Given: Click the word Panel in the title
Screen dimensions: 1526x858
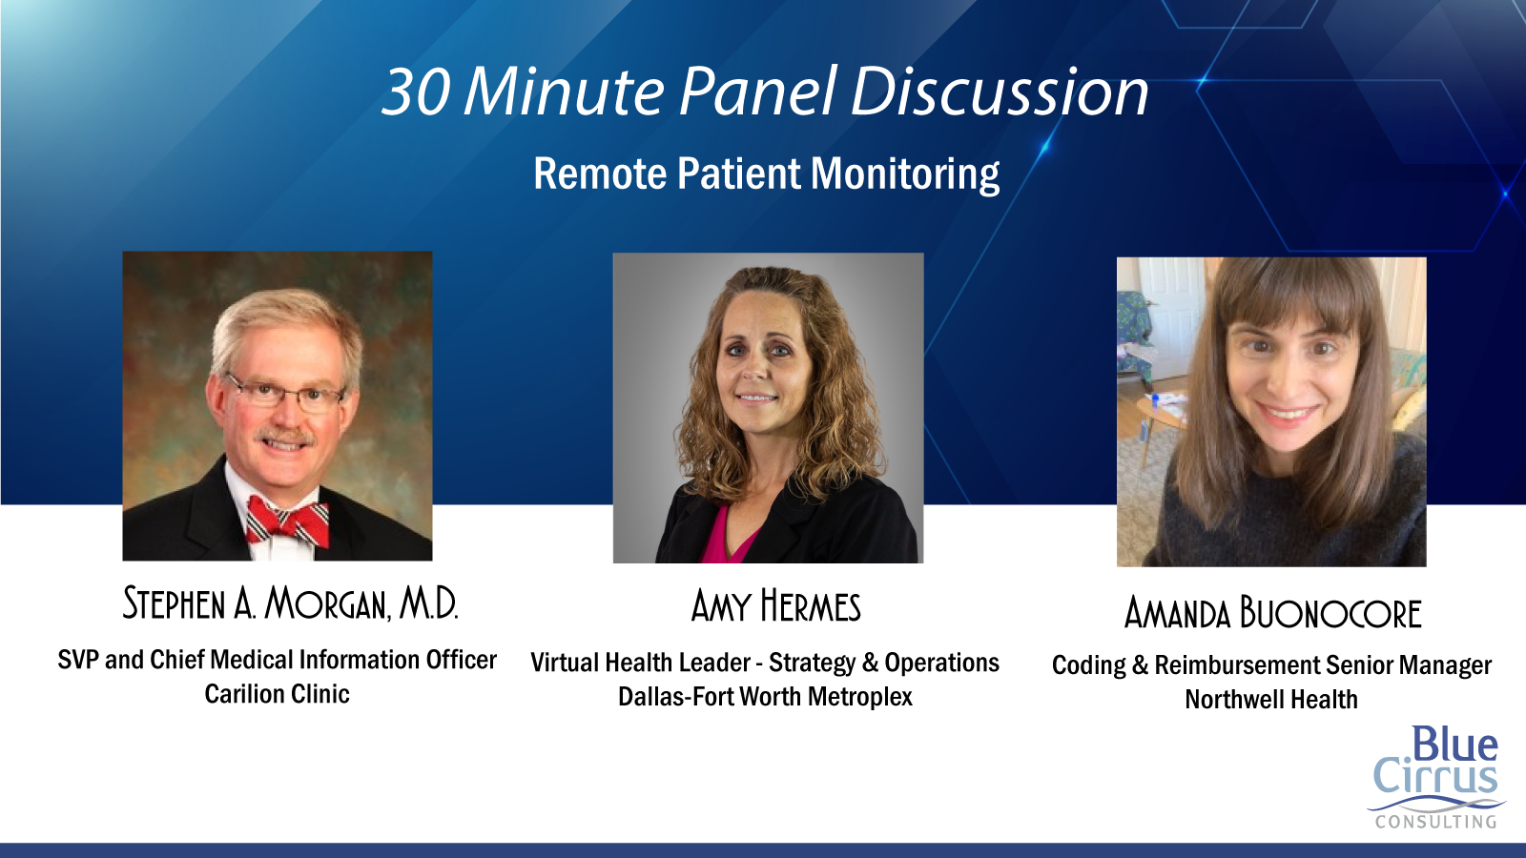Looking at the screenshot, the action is point(757,92).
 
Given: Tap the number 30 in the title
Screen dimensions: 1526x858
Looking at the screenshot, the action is point(416,92).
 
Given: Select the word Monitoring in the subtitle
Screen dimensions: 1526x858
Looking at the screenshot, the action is point(905,174).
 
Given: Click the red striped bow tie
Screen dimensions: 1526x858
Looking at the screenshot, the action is point(287,520).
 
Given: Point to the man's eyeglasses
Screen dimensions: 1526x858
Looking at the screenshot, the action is point(286,393).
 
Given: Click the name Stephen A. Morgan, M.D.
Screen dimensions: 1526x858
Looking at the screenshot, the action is point(290,604).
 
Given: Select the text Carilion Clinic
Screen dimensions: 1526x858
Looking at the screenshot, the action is point(278,694).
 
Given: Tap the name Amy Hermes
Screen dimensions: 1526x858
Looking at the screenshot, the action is point(776,606).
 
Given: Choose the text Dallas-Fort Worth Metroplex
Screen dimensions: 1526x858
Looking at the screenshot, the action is point(765,697).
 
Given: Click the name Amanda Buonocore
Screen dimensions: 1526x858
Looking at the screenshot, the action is point(1272,612).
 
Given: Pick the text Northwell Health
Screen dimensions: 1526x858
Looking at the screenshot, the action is point(1271,700).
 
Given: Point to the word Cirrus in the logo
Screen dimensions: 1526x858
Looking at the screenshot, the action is point(1435,777).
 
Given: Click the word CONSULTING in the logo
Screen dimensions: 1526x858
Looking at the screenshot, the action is point(1435,822).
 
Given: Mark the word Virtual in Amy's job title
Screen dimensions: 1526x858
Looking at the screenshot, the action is point(564,662).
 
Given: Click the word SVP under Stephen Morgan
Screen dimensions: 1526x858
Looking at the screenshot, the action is point(77,659).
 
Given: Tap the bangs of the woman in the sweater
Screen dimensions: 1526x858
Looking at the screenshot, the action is point(1287,299).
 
